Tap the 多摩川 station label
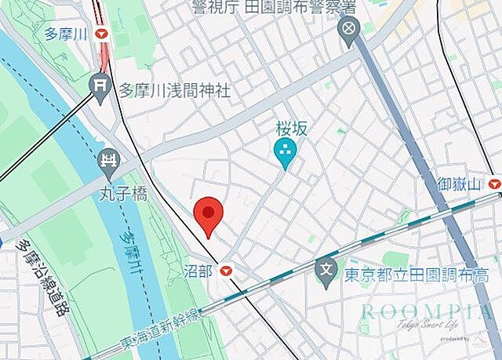[67, 34]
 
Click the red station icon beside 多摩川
[102, 35]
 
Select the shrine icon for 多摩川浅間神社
[99, 84]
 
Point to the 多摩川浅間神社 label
[175, 91]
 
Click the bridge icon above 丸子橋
[108, 162]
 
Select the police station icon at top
[347, 31]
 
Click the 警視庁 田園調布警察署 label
[275, 8]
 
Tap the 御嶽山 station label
[460, 184]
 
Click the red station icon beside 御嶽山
[493, 184]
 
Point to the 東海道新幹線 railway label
[162, 331]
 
